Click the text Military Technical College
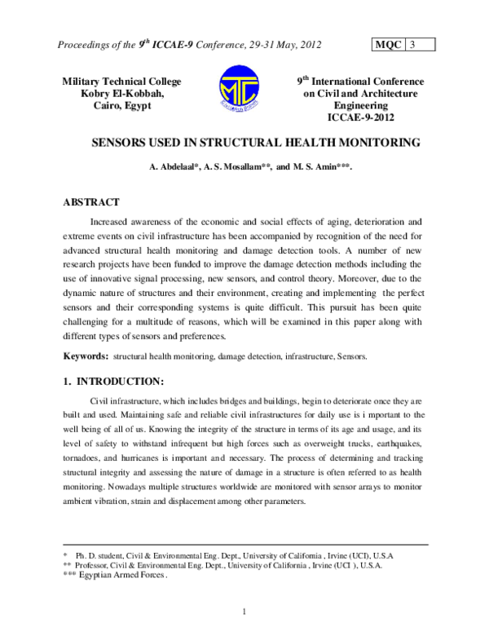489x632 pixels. pyautogui.click(x=122, y=82)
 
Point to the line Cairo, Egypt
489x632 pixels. pyautogui.click(x=122, y=106)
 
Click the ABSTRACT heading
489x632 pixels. pyautogui.click(x=92, y=202)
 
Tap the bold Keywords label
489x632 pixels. pyautogui.click(x=86, y=356)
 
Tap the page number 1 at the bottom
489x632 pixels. pyautogui.click(x=244, y=612)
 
